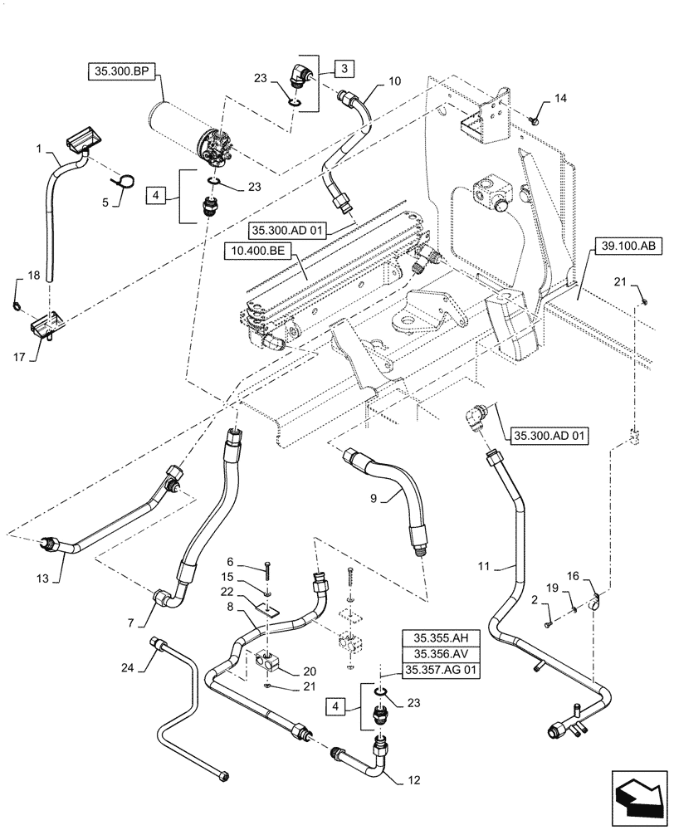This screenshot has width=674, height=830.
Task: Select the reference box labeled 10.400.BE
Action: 256,247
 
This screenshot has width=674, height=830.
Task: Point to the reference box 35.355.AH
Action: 441,637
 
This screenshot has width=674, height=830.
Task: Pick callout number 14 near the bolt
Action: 561,100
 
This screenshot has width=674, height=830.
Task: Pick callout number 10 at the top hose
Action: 393,82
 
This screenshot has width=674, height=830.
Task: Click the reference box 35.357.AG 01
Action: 441,669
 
